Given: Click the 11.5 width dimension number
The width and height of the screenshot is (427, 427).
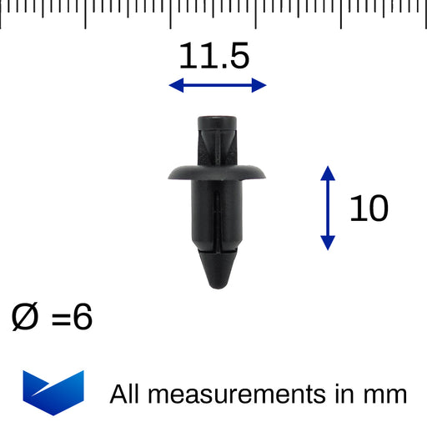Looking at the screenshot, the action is click(x=214, y=56).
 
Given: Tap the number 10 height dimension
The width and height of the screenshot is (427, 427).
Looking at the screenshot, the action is click(x=369, y=208).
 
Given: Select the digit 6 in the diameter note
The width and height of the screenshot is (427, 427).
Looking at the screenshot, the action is click(x=83, y=316).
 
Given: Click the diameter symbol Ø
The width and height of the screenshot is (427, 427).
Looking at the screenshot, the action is click(x=24, y=316).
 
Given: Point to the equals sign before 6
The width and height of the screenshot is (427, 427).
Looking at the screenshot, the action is click(x=61, y=319).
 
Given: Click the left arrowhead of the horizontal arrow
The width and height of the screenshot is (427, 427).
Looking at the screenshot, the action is click(x=176, y=85).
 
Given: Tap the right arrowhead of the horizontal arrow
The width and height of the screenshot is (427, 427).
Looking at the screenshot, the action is click(x=259, y=85).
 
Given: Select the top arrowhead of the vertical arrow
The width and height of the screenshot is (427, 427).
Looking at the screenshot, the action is click(x=328, y=173).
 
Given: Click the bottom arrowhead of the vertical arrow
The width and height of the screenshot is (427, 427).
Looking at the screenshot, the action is click(x=328, y=243).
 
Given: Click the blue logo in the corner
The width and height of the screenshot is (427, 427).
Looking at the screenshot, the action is click(x=53, y=393).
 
